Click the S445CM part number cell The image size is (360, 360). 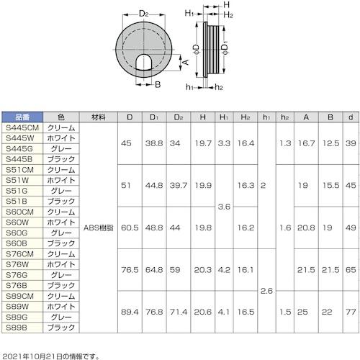tap(20, 127)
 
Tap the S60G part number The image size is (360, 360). tap(17, 233)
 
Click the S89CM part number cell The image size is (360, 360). tap(20, 295)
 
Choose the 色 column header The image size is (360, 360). tap(60, 117)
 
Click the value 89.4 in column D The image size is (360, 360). tap(130, 311)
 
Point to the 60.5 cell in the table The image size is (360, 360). tap(130, 227)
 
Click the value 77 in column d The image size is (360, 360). tap(349, 311)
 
